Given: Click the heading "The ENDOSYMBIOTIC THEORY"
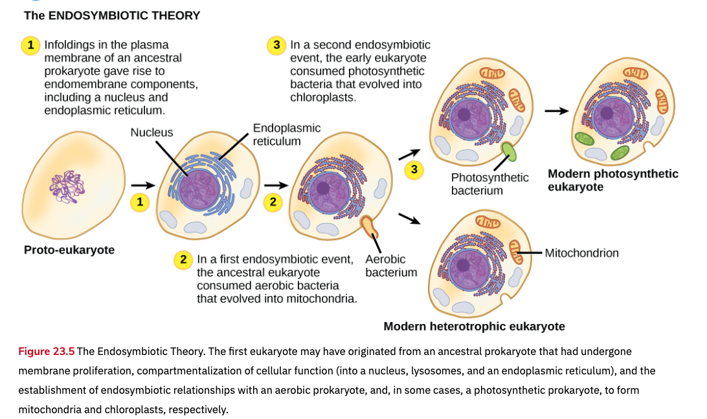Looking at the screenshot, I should tap(112, 16).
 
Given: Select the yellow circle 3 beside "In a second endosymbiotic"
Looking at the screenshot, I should tap(276, 45).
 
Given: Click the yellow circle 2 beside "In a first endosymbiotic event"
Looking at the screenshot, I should tap(184, 260).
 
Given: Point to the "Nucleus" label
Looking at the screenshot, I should tap(151, 133).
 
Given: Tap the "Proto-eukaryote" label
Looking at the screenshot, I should tap(69, 250).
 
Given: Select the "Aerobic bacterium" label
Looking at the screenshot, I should tap(391, 266).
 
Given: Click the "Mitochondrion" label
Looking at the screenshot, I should tap(581, 253).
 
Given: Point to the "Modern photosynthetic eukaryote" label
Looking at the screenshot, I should tap(612, 180).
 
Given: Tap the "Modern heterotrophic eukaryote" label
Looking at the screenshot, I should tap(474, 327).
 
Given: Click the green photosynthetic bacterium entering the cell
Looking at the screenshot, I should tap(510, 153).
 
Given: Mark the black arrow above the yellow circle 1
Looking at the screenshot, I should tap(138, 186).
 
